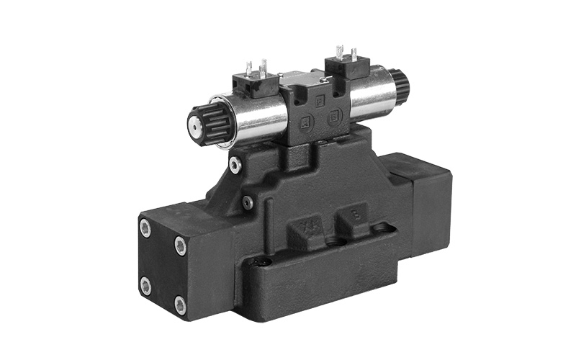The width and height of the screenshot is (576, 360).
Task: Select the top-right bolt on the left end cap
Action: pyautogui.click(x=180, y=246)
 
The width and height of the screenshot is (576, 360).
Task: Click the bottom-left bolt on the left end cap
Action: pyautogui.click(x=145, y=286)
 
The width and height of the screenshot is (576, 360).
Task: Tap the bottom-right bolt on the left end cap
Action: pyautogui.click(x=180, y=305)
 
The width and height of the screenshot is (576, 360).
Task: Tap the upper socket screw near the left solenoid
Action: pyautogui.click(x=235, y=166)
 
